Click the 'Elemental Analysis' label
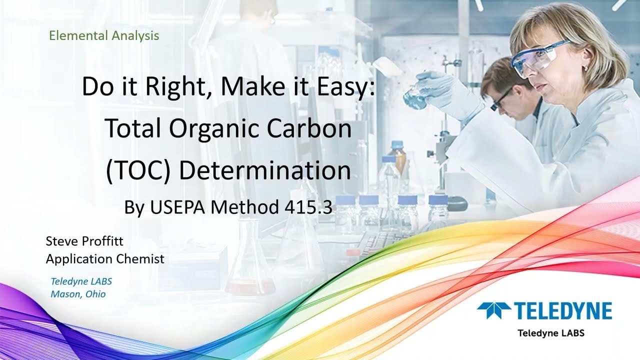[x=104, y=35]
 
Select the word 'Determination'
[x=264, y=170]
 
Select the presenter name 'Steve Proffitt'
[x=84, y=241]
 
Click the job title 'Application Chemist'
[x=105, y=259]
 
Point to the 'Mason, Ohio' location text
[x=78, y=294]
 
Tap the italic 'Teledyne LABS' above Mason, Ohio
[x=81, y=281]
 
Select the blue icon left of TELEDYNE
[x=494, y=310]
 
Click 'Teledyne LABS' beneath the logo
[x=550, y=332]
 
